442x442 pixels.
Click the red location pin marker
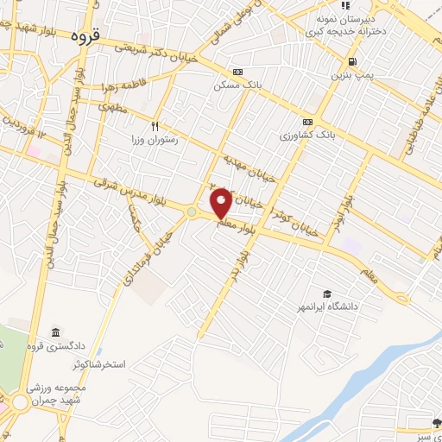pos(221,204)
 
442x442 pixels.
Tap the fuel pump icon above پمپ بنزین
pos(352,61)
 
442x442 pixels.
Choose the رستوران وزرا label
pos(155,138)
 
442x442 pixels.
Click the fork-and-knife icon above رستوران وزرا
pos(156,124)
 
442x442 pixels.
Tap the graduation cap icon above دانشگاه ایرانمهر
pos(326,294)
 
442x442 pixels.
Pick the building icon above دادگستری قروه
pos(55,333)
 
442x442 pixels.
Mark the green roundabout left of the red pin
pos(191,212)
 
